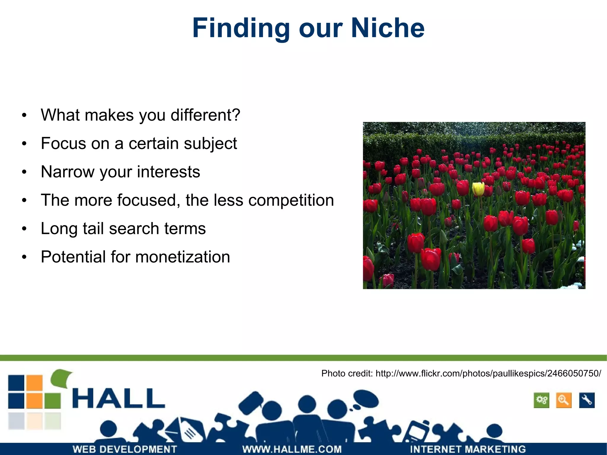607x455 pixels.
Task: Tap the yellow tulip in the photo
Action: [478, 189]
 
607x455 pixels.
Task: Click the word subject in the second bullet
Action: [210, 144]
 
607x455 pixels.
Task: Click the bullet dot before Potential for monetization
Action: [24, 257]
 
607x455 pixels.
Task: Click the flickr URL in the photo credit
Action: [488, 373]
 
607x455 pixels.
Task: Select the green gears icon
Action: [541, 400]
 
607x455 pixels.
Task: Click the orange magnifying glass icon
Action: [563, 400]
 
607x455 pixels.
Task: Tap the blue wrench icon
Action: [587, 400]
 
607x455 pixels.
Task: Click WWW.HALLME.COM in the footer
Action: [292, 449]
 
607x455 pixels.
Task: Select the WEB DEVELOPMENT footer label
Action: [125, 449]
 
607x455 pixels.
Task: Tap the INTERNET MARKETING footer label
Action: [468, 449]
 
